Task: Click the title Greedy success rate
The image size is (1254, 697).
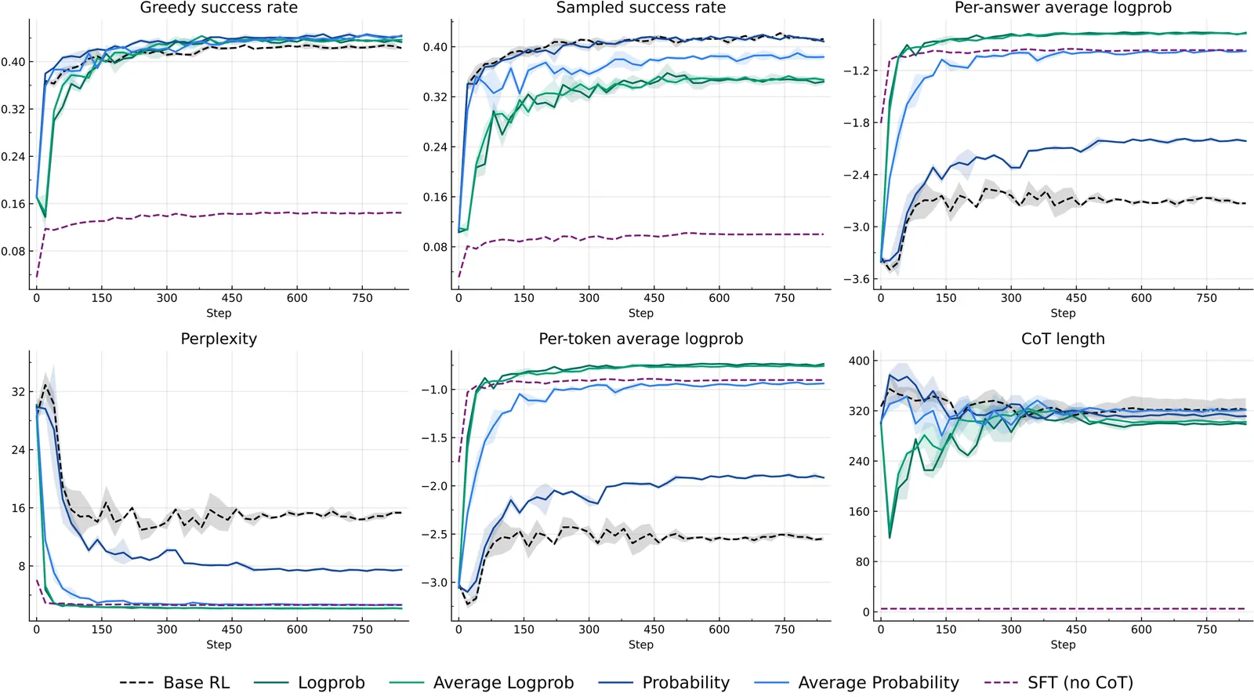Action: (219, 8)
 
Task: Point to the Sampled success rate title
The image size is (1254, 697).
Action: (640, 8)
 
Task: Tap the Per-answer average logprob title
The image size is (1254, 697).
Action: (1063, 8)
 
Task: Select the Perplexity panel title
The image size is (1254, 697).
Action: (219, 339)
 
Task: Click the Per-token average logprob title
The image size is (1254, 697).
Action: (640, 339)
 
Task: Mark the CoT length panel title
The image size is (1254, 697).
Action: (1063, 339)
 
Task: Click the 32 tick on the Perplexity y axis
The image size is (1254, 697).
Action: (18, 392)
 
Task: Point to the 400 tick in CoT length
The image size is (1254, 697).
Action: (859, 361)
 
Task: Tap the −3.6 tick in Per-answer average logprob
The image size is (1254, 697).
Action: (856, 279)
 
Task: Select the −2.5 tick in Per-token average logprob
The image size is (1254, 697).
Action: (434, 534)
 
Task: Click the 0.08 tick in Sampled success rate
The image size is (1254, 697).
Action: (435, 247)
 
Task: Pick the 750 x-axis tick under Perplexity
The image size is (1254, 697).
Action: (362, 629)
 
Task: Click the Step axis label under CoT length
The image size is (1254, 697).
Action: (1063, 644)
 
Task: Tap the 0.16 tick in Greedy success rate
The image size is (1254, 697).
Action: (13, 204)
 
